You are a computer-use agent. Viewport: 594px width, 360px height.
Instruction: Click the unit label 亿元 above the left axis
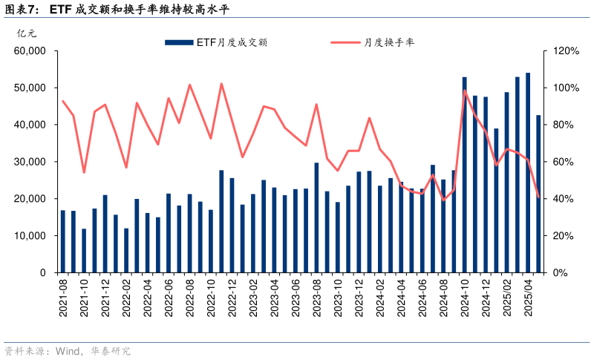point(26,33)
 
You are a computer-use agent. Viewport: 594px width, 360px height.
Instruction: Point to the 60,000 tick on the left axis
point(30,51)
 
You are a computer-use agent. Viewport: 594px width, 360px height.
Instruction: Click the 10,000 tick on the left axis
point(30,236)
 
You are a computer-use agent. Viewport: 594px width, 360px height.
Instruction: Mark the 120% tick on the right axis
point(565,51)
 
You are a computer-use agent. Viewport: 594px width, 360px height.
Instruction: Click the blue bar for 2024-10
point(465,174)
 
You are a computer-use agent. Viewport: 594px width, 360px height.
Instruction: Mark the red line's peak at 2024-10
point(465,91)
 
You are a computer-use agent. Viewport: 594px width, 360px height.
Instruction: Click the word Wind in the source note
point(69,351)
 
